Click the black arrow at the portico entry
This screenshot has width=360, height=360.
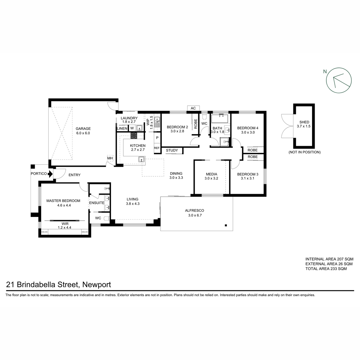tap(50, 174)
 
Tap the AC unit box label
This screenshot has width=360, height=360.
tap(193, 108)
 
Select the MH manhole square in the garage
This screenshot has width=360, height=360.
tap(110, 158)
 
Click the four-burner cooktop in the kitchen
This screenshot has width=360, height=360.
tap(134, 135)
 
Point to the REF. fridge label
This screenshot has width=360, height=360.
tap(157, 148)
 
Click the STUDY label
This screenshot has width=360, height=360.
tap(172, 150)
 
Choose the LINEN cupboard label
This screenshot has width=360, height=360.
tap(122, 128)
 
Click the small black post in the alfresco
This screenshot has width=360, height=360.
tap(226, 225)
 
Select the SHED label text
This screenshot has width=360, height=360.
tap(304, 122)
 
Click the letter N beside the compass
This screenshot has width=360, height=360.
tap(325, 72)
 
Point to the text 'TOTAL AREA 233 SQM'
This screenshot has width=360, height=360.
tap(326, 268)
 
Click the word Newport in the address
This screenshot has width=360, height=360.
tap(97, 284)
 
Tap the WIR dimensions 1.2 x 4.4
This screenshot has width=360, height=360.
tap(64, 227)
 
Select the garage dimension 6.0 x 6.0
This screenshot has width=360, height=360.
tap(83, 133)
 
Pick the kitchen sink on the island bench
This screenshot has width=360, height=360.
tap(142, 159)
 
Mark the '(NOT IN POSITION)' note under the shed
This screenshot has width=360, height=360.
tap(304, 152)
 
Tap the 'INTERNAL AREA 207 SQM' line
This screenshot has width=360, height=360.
tap(329, 259)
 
